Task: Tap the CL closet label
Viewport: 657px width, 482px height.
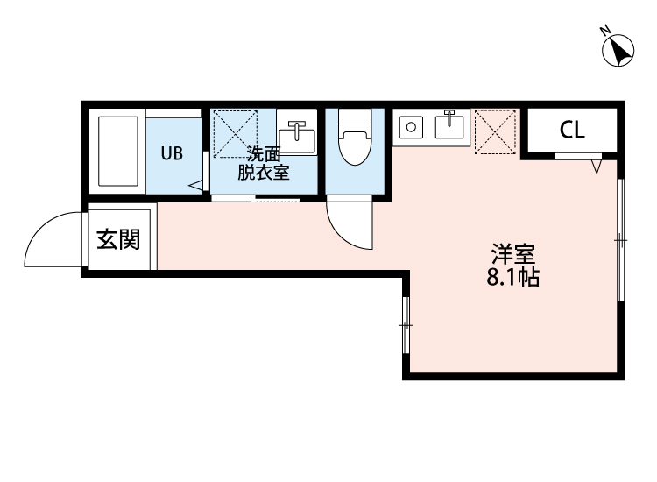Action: (x=572, y=131)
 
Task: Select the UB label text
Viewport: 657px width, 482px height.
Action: (x=172, y=152)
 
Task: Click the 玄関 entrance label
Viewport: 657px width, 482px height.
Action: (x=118, y=238)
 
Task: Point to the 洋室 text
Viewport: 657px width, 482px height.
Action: (x=512, y=257)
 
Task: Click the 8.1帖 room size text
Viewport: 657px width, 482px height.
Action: (x=512, y=280)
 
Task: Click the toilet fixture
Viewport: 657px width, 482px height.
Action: (x=355, y=140)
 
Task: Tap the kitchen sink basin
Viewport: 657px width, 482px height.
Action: (x=449, y=126)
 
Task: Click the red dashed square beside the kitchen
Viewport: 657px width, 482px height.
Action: (x=496, y=130)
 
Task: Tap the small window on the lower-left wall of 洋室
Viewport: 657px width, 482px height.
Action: (x=406, y=325)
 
